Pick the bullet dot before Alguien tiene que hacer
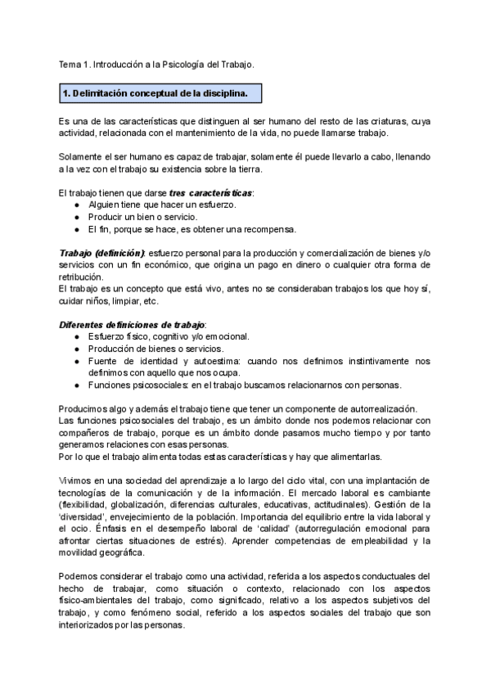(x=77, y=205)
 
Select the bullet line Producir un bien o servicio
(x=143, y=217)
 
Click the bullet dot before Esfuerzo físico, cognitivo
(x=77, y=336)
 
